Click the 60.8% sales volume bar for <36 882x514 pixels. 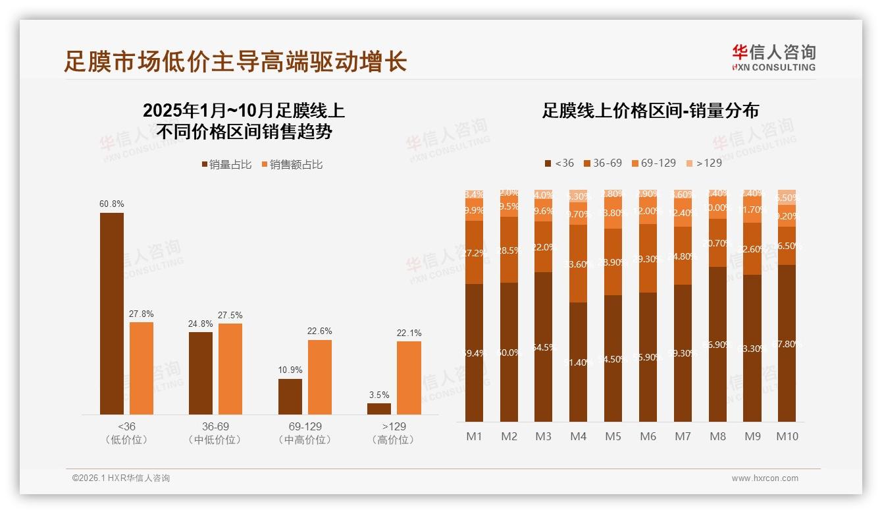point(111,313)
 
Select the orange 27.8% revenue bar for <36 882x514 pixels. point(141,368)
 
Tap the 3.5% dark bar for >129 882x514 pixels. point(378,409)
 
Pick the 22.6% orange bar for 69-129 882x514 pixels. point(319,377)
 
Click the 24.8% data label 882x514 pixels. point(201,324)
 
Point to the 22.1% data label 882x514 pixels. point(409,333)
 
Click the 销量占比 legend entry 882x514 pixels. point(226,165)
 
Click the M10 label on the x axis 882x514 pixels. point(787,436)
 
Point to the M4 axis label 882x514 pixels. point(578,436)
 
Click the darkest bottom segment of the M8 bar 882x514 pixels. point(717,344)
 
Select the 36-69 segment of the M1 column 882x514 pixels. point(474,252)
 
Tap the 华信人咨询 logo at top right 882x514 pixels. point(773,57)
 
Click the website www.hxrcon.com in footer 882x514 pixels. point(765,478)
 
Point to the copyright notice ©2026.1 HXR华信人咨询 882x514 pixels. point(120,478)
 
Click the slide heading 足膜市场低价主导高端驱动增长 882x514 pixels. point(235,61)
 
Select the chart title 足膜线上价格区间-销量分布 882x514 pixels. point(650,111)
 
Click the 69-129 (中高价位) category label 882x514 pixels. point(305,433)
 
